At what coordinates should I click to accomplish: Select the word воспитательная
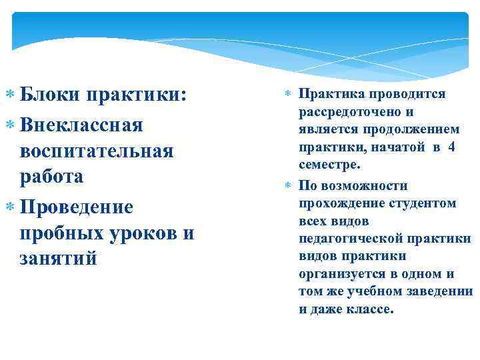click(97, 150)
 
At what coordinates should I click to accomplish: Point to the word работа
click(53, 177)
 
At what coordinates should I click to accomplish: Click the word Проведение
click(77, 207)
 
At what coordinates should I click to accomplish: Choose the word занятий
click(60, 258)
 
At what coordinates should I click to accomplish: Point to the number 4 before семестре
click(451, 147)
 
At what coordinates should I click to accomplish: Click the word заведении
click(440, 291)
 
